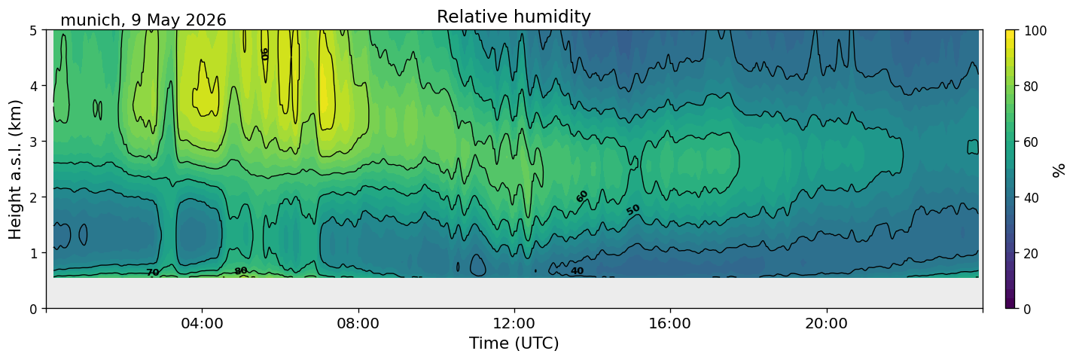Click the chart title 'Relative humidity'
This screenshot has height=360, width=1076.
coord(514,17)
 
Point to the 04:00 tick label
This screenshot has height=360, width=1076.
coord(203,323)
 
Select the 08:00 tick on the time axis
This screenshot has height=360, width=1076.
coord(358,323)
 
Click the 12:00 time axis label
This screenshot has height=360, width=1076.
coord(514,323)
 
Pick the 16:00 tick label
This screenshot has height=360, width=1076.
coord(670,323)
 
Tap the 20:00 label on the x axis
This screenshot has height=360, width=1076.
coord(826,323)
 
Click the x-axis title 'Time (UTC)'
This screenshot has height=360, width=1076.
coord(514,343)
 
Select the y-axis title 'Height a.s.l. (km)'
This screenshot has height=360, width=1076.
coord(15,169)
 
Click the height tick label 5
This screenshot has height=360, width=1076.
coord(33,31)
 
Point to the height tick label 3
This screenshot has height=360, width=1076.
coord(33,142)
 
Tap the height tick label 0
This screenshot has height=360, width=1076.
coord(33,309)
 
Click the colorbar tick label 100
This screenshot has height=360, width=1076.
coord(1035,31)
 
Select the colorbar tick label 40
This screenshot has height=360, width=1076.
coord(1031,197)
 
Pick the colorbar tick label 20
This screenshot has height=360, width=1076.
coord(1031,253)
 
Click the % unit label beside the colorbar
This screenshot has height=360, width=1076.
coord(1058,170)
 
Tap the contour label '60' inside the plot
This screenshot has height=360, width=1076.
coord(582,196)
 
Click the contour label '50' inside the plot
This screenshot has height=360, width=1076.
coord(633,209)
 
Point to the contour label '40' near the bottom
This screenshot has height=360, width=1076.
coord(577,271)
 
